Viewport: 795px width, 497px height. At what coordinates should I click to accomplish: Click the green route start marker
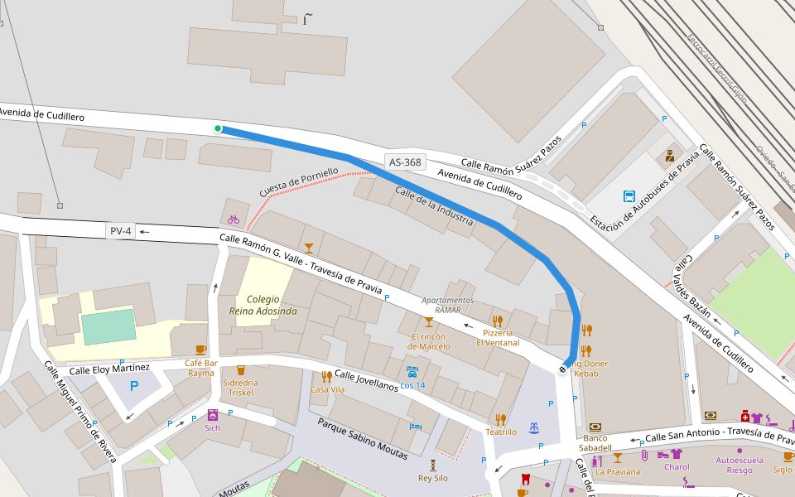tap(218, 128)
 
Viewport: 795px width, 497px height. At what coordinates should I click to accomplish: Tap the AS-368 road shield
tap(405, 162)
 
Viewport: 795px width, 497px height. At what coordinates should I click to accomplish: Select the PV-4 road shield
tap(120, 231)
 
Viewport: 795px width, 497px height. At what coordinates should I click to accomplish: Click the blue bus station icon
tap(629, 197)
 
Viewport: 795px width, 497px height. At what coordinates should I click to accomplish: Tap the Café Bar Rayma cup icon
tap(200, 350)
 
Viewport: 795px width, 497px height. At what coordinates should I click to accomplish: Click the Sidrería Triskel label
tap(240, 388)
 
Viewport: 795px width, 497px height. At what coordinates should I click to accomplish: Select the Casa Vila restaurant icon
tap(327, 376)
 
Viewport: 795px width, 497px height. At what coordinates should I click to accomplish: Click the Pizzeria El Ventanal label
tap(498, 337)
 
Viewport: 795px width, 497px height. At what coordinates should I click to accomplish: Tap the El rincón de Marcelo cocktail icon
tap(429, 322)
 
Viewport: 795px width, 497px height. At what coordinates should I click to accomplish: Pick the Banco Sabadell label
tap(595, 442)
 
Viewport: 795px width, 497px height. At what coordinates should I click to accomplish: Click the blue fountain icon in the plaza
tap(534, 427)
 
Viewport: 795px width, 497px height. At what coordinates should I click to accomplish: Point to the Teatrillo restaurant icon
tap(500, 419)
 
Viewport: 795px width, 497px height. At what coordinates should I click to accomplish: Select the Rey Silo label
tap(432, 478)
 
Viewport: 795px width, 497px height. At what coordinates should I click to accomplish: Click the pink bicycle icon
tap(234, 220)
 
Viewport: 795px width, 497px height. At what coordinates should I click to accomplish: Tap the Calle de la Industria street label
tap(434, 206)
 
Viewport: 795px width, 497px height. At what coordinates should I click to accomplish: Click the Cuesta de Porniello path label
tap(298, 182)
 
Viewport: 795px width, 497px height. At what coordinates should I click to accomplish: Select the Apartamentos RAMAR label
tap(447, 304)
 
